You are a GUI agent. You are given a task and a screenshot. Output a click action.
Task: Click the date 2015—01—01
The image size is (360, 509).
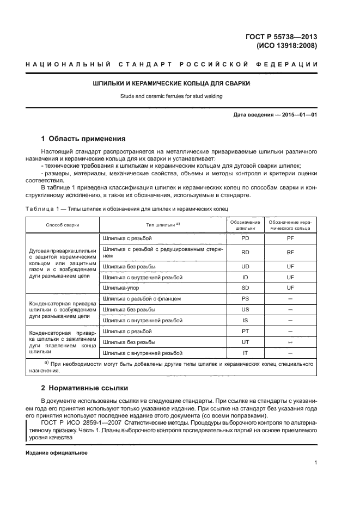coord(298,115)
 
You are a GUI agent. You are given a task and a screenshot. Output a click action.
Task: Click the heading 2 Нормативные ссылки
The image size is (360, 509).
coord(85,388)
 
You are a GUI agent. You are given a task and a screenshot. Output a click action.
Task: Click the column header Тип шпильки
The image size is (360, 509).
coord(155,224)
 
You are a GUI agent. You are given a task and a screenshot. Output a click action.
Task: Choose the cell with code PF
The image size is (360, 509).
coord(290,238)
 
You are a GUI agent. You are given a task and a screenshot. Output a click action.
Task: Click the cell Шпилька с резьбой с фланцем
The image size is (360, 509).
coord(142,298)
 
